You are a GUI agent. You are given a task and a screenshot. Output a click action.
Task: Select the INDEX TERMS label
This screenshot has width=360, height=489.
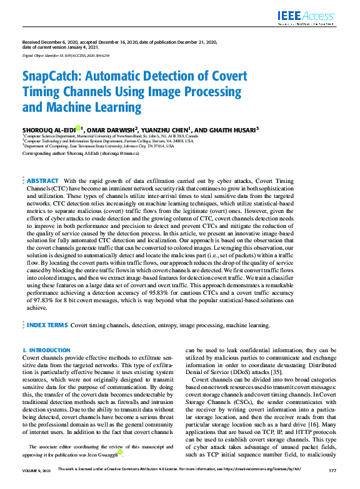point(47,325)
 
